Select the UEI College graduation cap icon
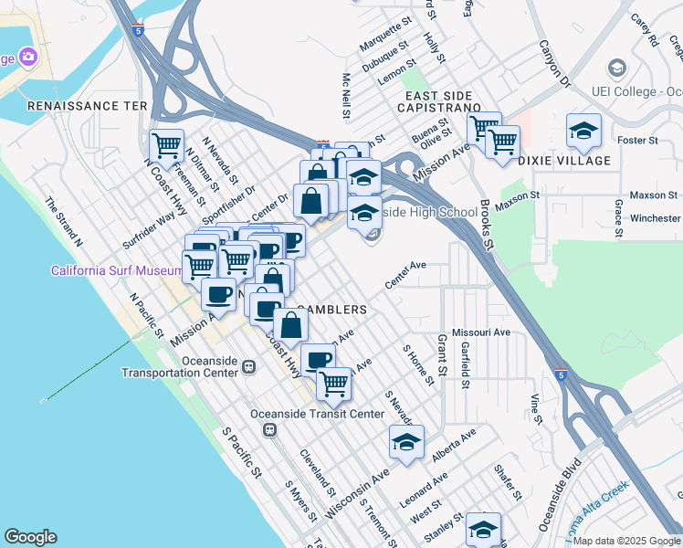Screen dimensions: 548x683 point(617,68)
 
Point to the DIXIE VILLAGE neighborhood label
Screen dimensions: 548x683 point(563,161)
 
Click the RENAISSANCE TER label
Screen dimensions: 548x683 point(88,106)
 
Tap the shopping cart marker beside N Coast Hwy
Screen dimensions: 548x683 point(166,145)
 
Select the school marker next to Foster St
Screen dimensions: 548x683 point(583,131)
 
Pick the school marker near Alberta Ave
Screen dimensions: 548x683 point(406,442)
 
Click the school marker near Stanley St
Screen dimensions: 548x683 point(483,529)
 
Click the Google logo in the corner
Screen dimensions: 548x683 point(30,537)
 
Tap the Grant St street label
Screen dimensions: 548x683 point(441,354)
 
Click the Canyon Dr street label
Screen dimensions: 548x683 point(553,64)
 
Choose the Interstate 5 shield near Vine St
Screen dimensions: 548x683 point(561,374)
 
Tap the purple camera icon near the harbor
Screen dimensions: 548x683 point(28,57)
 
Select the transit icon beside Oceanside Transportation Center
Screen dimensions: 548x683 point(247,366)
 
